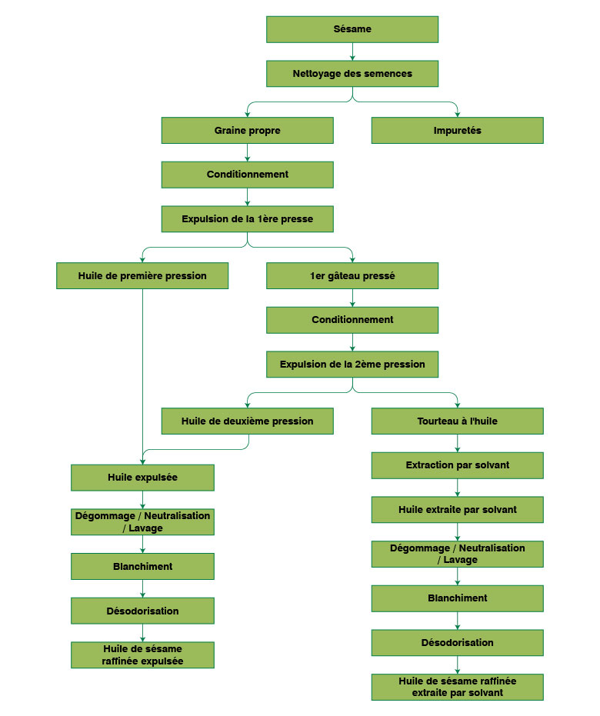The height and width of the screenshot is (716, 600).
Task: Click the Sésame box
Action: [352, 29]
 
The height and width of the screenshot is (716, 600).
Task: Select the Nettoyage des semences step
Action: [352, 74]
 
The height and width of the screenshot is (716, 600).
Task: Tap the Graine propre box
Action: [247, 131]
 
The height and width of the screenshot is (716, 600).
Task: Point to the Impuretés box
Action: [457, 131]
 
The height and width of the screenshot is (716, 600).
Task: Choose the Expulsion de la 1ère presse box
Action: [247, 219]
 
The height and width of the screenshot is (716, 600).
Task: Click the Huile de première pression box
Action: [142, 276]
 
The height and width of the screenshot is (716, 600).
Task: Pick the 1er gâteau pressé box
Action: [352, 276]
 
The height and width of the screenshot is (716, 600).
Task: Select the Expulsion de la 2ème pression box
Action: [352, 365]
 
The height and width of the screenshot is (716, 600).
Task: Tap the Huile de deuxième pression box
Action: [247, 421]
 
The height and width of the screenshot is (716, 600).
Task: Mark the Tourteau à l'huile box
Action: [457, 421]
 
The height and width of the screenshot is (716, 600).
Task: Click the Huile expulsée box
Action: [142, 478]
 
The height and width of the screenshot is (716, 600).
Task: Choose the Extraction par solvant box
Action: [457, 465]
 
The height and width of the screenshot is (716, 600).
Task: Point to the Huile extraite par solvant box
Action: [457, 510]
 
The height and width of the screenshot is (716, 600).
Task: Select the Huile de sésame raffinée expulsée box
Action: [142, 655]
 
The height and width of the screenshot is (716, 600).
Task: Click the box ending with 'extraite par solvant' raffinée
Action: [457, 687]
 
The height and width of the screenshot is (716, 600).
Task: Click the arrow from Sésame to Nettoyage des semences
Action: [352, 52]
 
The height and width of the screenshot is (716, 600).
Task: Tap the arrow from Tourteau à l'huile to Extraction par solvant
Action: [457, 444]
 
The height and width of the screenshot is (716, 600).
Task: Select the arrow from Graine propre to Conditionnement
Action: [247, 152]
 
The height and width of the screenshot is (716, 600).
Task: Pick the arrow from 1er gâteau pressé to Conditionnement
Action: [352, 298]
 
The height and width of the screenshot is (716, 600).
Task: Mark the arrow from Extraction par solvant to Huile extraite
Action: [457, 488]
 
